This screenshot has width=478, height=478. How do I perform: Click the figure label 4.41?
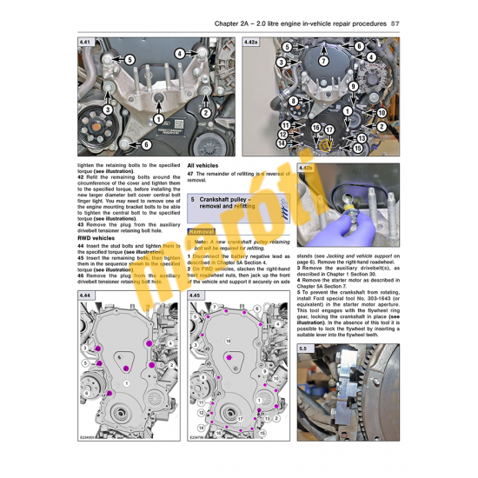[x=85, y=42]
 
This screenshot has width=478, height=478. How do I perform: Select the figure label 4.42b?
[x=306, y=169]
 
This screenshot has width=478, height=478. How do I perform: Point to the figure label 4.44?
[x=85, y=296]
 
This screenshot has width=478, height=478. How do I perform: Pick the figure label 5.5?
[x=303, y=349]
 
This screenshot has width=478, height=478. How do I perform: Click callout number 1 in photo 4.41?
[x=159, y=118]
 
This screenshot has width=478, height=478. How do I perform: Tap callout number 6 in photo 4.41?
[x=145, y=144]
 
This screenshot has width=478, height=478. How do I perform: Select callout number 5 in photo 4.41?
[x=128, y=59]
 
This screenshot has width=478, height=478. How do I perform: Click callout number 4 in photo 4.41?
[x=179, y=53]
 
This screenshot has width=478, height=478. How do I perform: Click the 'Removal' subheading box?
[x=202, y=232]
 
